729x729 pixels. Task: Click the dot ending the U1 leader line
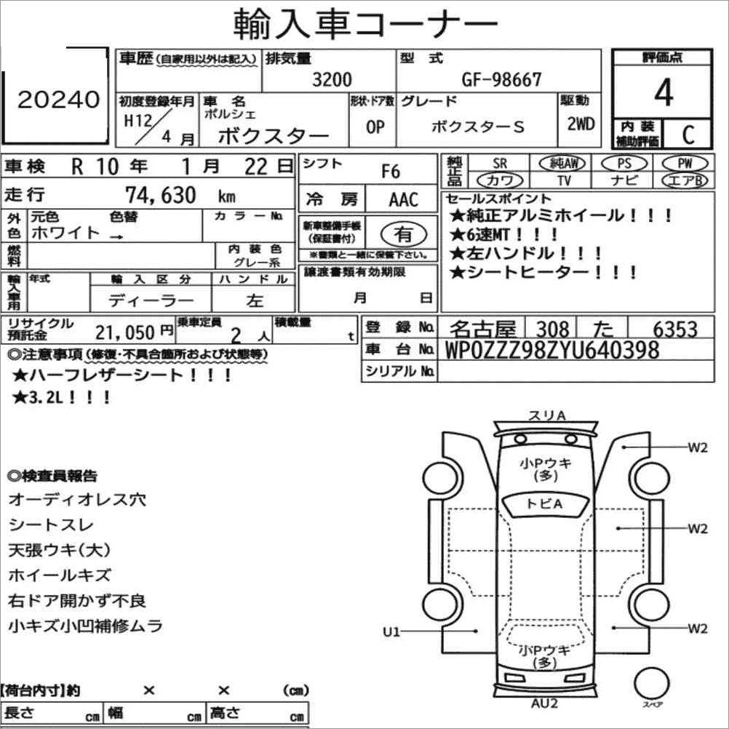coord(476,632)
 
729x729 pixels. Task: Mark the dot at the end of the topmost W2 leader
coord(624,447)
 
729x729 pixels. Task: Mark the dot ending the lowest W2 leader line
coord(614,628)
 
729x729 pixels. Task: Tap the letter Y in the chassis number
coord(565,350)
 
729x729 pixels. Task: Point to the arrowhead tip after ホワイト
coord(122,237)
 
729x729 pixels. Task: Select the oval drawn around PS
coord(624,164)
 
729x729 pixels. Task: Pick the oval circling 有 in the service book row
coord(403,234)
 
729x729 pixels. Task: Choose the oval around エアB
coord(685,180)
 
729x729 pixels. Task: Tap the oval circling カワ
coord(500,180)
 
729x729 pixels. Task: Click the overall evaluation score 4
coord(664,92)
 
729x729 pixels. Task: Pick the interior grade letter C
coord(688,135)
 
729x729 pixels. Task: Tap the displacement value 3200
coord(332,79)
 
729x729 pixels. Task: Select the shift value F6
coord(391,172)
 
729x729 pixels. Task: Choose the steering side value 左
coord(255,300)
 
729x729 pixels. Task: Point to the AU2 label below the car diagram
coord(544,704)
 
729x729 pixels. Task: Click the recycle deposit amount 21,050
coord(124,332)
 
